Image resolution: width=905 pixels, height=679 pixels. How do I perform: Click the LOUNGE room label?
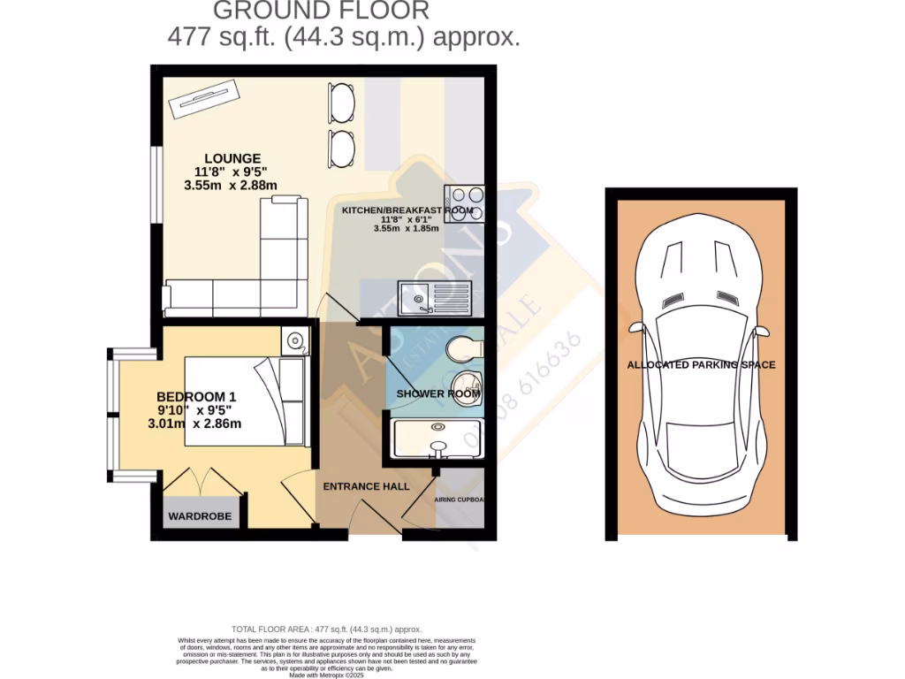coord(228,158)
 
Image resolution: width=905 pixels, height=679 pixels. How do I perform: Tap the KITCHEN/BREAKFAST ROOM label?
coord(407,210)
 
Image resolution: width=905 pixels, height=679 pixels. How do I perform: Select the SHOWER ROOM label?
coord(431,393)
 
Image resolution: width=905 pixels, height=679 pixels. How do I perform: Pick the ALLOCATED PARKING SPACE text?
coord(701,364)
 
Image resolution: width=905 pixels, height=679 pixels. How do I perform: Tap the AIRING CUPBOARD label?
coord(460,500)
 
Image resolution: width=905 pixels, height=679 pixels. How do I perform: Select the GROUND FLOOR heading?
coord(322,11)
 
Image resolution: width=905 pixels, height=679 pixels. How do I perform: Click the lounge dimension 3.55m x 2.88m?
coord(230,186)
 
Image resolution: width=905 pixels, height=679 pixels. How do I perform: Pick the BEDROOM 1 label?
coord(196,396)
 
